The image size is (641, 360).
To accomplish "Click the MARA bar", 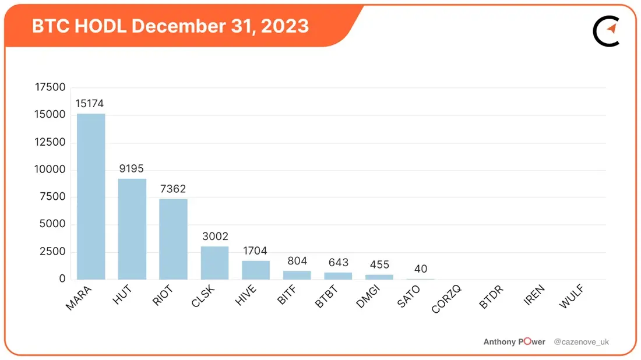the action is tap(91, 196).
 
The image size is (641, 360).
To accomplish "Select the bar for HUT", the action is tap(132, 229).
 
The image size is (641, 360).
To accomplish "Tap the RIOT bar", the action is tap(173, 239).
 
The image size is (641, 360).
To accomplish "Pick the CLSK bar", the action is tap(214, 263).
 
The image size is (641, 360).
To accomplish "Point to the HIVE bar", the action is tap(256, 270).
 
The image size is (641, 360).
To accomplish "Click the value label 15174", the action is tap(90, 103).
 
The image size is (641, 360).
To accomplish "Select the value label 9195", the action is tap(131, 168).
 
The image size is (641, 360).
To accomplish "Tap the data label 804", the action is tap(297, 261).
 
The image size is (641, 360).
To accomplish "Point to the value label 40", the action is tap(421, 269).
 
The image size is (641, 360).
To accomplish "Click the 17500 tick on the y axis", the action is tap(50, 87).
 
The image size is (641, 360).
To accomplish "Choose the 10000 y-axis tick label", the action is tap(50, 169).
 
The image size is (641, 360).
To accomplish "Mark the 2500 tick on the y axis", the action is tap(52, 251).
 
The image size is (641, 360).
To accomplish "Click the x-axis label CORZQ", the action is tap(446, 299).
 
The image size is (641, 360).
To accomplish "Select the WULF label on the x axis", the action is tap(571, 297).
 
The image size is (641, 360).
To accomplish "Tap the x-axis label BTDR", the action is tap(491, 297).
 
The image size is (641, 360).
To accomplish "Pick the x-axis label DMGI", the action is tap(368, 297).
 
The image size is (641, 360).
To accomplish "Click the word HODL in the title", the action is tap(100, 26).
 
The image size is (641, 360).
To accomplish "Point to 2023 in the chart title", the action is tap(284, 26).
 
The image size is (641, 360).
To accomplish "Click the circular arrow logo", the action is tap(607, 31).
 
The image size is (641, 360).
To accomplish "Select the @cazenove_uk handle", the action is tap(582, 341).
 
